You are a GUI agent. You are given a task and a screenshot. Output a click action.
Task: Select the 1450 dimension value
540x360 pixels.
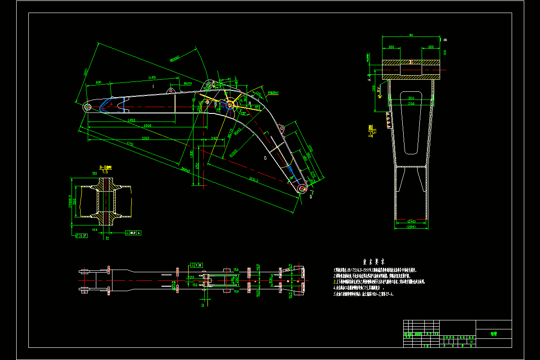pos(131,120)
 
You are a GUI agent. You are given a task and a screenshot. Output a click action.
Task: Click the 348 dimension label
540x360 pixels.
pos(214,138)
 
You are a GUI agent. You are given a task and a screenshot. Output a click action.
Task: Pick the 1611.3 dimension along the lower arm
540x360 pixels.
pos(254,180)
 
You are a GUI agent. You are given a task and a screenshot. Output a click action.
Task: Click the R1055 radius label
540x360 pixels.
pos(234,153)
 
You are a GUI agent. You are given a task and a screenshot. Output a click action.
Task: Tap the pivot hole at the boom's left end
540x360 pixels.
pos(87,107)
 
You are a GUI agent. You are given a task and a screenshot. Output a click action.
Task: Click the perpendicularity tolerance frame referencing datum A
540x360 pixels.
pos(133,233)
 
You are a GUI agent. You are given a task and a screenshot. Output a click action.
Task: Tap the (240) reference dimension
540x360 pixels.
pos(410,221)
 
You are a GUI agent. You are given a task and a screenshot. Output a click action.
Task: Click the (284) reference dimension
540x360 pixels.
pos(410,227)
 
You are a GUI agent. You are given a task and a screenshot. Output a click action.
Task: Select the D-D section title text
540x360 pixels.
pos(371,131)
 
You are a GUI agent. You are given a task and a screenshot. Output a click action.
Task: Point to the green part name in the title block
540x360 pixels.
pos(494,334)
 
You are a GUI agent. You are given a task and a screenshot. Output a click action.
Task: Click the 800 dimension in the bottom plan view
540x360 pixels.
pos(270,280)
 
